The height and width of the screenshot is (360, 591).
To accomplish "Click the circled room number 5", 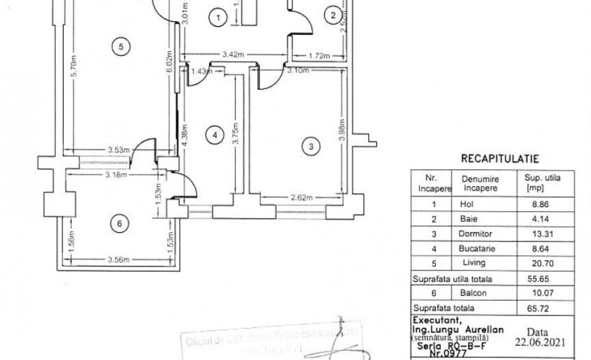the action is tap(120, 46).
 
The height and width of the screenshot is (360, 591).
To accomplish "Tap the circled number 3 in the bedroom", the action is tap(311, 146).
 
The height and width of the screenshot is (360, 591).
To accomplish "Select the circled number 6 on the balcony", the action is tap(120, 224).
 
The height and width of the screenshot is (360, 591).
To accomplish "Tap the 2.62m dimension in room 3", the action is tap(301, 198).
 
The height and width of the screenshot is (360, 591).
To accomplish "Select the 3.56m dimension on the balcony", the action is tap(118, 259).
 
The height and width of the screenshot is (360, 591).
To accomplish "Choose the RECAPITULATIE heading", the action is tap(500, 158).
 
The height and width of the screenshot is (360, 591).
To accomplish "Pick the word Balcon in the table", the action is tap(480, 294).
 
